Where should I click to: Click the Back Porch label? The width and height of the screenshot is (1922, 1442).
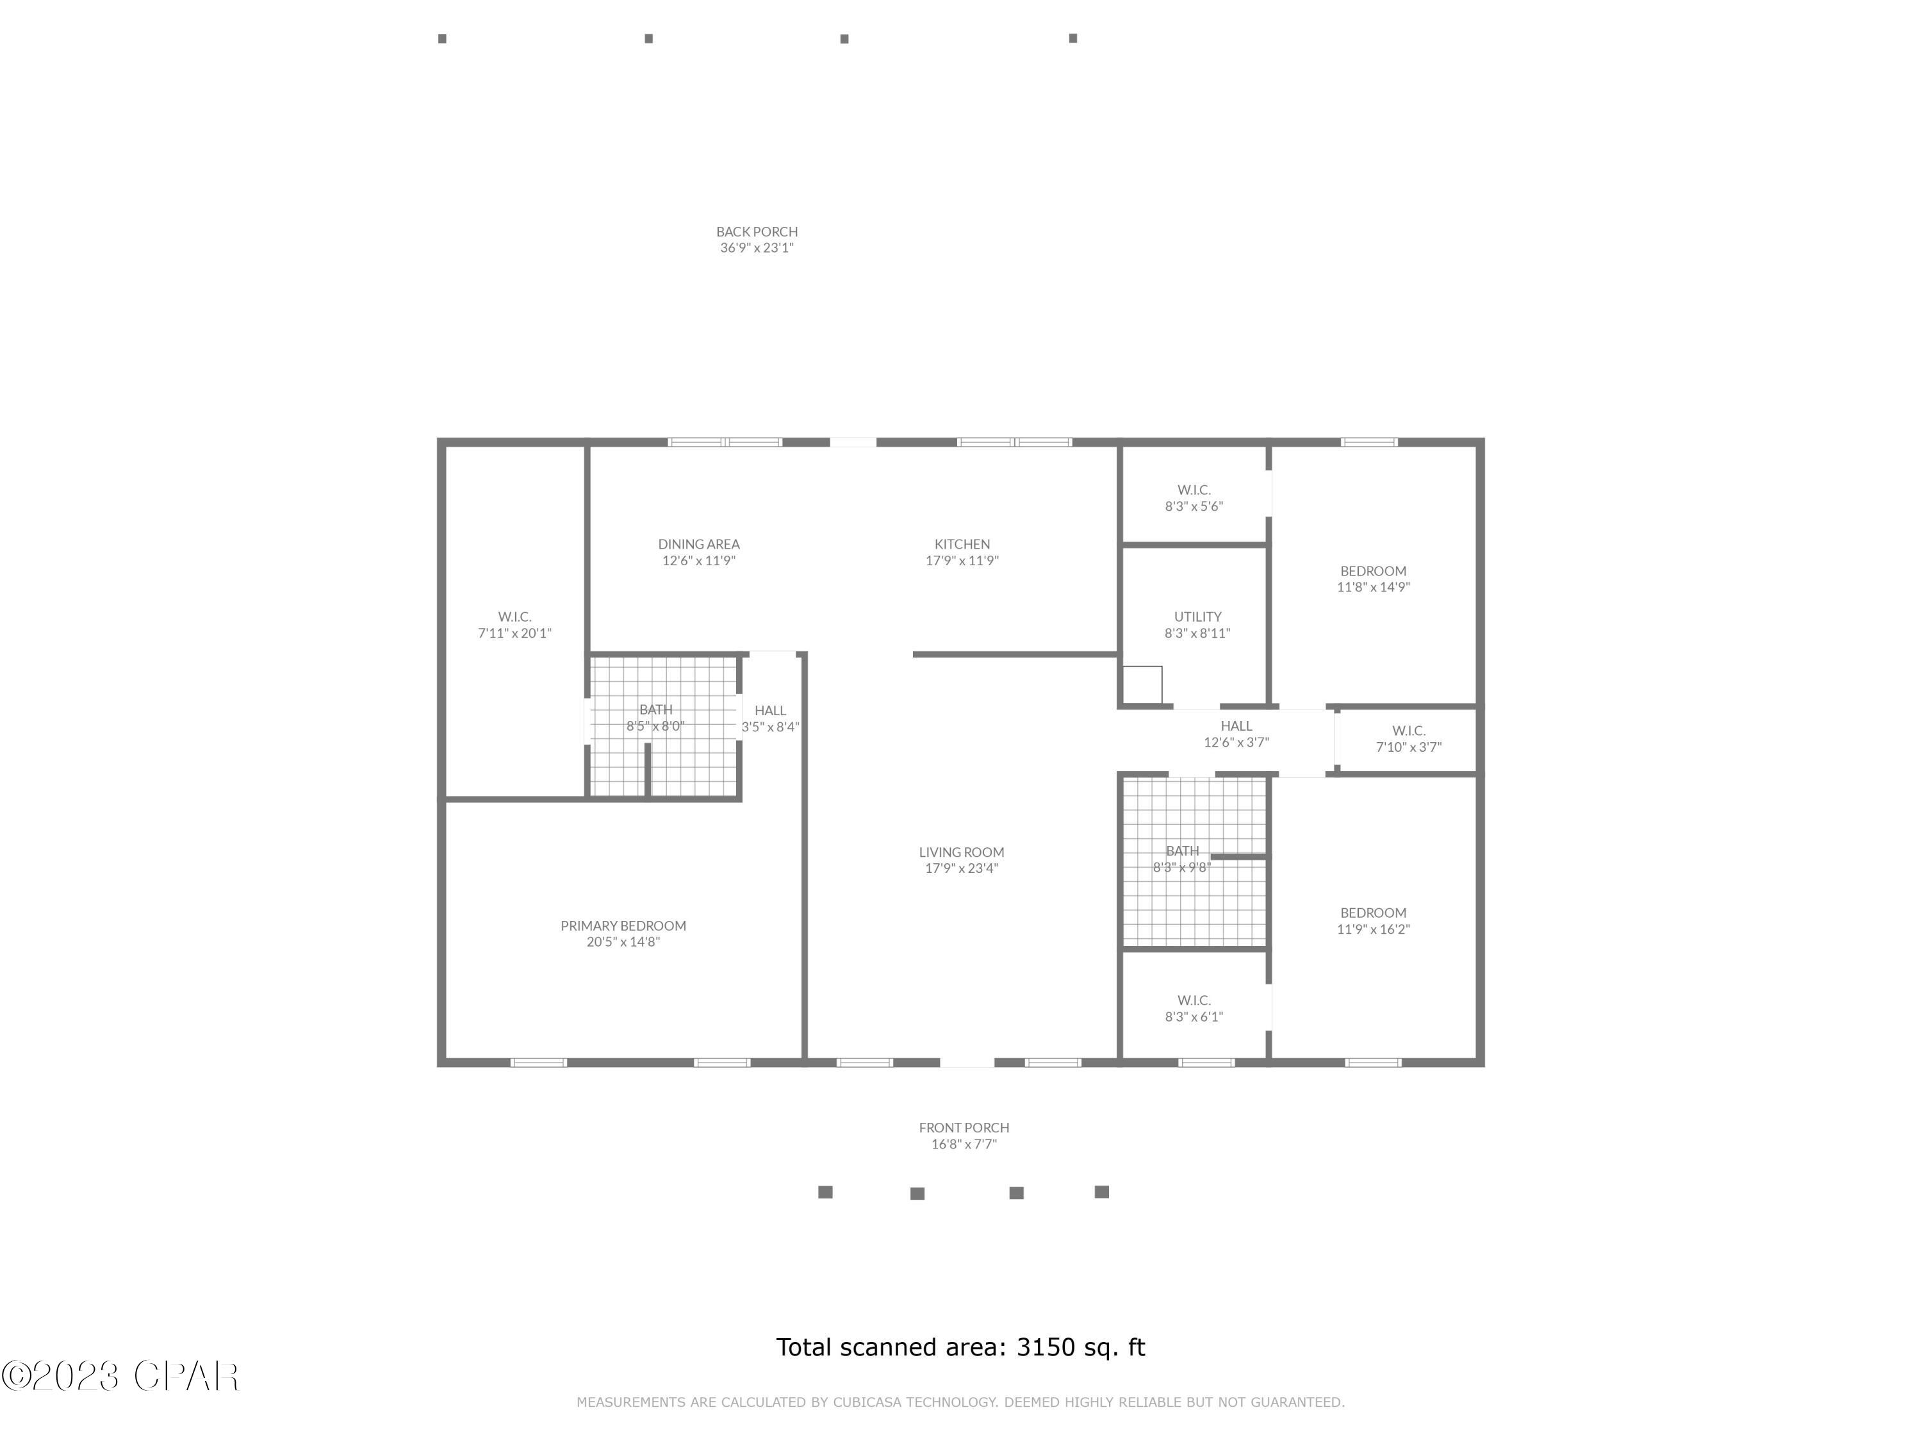click(x=756, y=232)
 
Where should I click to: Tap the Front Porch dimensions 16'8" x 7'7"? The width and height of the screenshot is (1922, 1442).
click(x=964, y=1144)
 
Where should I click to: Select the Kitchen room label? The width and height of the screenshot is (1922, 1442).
click(x=962, y=544)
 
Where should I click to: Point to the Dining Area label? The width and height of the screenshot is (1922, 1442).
click(x=698, y=544)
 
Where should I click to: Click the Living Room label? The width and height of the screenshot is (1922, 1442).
click(x=961, y=852)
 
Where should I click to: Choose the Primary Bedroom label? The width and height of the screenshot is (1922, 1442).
click(x=623, y=925)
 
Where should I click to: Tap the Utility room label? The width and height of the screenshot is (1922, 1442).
click(x=1197, y=617)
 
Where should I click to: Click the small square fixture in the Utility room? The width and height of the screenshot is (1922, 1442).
click(x=1142, y=684)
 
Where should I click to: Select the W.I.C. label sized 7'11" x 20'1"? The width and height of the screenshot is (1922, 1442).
click(x=514, y=625)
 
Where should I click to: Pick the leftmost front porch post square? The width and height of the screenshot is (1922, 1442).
click(x=825, y=1191)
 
